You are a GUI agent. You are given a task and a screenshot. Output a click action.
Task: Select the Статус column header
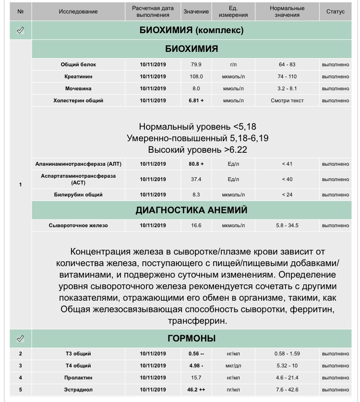point(335,12)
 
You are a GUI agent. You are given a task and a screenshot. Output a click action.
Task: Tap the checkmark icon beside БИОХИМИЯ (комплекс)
point(20,31)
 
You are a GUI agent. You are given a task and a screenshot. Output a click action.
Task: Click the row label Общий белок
point(78,64)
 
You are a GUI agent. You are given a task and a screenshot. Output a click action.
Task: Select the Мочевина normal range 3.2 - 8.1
point(288,89)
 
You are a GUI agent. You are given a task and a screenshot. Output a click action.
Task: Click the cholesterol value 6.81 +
point(196,101)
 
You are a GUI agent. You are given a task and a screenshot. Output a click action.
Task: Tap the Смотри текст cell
point(288,101)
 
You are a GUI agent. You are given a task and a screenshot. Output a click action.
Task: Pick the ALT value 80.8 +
point(196,164)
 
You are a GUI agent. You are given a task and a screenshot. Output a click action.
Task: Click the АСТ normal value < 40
point(288,179)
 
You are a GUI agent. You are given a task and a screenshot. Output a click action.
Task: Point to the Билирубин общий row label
point(78,195)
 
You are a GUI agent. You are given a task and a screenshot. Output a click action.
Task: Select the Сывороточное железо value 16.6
point(196,226)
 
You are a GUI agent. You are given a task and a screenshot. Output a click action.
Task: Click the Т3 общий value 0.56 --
point(196,354)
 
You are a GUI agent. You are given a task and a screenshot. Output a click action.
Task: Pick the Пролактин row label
point(78,378)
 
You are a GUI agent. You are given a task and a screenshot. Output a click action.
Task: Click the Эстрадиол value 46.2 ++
point(196,390)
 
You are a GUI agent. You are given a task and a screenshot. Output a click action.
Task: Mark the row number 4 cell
point(20,378)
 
